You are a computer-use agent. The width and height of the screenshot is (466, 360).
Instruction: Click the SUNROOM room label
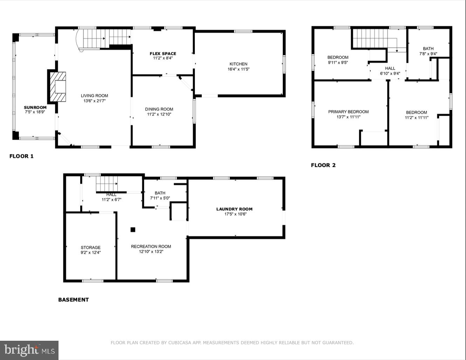click(35, 108)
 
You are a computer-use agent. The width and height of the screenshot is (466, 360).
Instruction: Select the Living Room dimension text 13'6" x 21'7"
click(94, 101)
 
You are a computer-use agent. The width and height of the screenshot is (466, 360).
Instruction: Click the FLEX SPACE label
click(163, 54)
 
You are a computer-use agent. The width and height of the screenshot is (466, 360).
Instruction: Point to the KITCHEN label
click(238, 64)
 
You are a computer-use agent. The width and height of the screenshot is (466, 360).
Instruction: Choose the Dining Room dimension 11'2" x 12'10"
click(159, 114)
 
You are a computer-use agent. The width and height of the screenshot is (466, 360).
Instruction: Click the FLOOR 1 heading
click(21, 156)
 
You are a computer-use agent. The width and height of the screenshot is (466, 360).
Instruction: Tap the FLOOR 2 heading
click(323, 165)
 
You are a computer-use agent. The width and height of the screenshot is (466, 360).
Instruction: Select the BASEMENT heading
click(73, 300)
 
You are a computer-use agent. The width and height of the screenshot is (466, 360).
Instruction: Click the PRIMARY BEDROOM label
click(348, 112)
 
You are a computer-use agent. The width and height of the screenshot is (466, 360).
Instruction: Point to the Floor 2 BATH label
click(428, 49)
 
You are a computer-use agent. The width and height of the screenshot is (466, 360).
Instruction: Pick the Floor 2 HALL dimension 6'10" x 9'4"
click(390, 74)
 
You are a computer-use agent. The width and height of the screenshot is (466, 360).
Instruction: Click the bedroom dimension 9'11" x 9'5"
click(338, 63)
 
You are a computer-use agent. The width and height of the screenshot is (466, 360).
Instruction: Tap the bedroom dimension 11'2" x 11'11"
click(417, 118)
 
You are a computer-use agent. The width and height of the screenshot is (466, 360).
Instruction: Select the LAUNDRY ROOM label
click(234, 209)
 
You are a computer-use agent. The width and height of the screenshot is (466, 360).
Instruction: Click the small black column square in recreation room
click(133, 230)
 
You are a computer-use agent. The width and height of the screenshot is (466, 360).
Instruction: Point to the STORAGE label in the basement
click(90, 248)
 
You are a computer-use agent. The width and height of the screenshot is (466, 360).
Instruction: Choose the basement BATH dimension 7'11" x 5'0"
click(160, 198)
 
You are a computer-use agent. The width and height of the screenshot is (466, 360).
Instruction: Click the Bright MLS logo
click(29, 350)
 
